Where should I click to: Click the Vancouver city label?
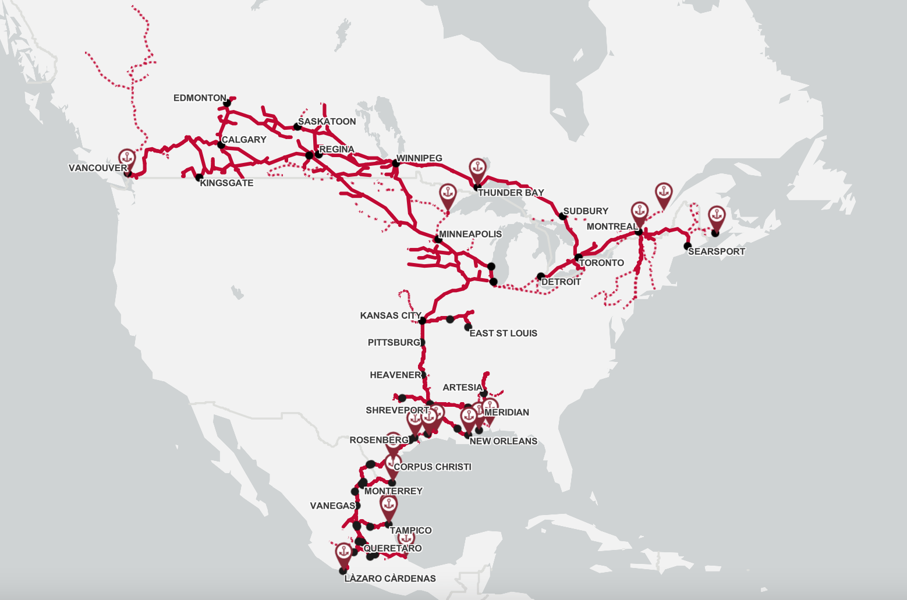[x=97, y=168]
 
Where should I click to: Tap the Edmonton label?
[x=200, y=98]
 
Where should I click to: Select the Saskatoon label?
[x=327, y=122]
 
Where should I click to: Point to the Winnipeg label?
[x=419, y=158]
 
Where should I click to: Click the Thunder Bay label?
[x=511, y=193]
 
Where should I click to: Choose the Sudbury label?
[x=586, y=211]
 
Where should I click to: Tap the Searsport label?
[x=716, y=251]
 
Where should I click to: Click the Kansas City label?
[x=390, y=315]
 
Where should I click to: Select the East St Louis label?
[x=503, y=333]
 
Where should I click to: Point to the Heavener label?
[x=395, y=375]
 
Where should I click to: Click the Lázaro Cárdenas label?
[x=390, y=578]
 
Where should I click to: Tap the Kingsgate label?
[x=226, y=183]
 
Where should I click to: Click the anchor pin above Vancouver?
[x=126, y=158]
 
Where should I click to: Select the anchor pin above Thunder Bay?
[x=477, y=168]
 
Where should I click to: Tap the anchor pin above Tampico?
[x=388, y=505]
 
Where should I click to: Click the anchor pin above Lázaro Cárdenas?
[x=343, y=552]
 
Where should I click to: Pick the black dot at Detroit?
[x=541, y=276]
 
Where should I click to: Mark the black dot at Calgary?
[x=221, y=144]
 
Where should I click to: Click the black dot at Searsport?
[x=688, y=246]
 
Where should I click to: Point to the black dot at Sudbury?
[x=562, y=216]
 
